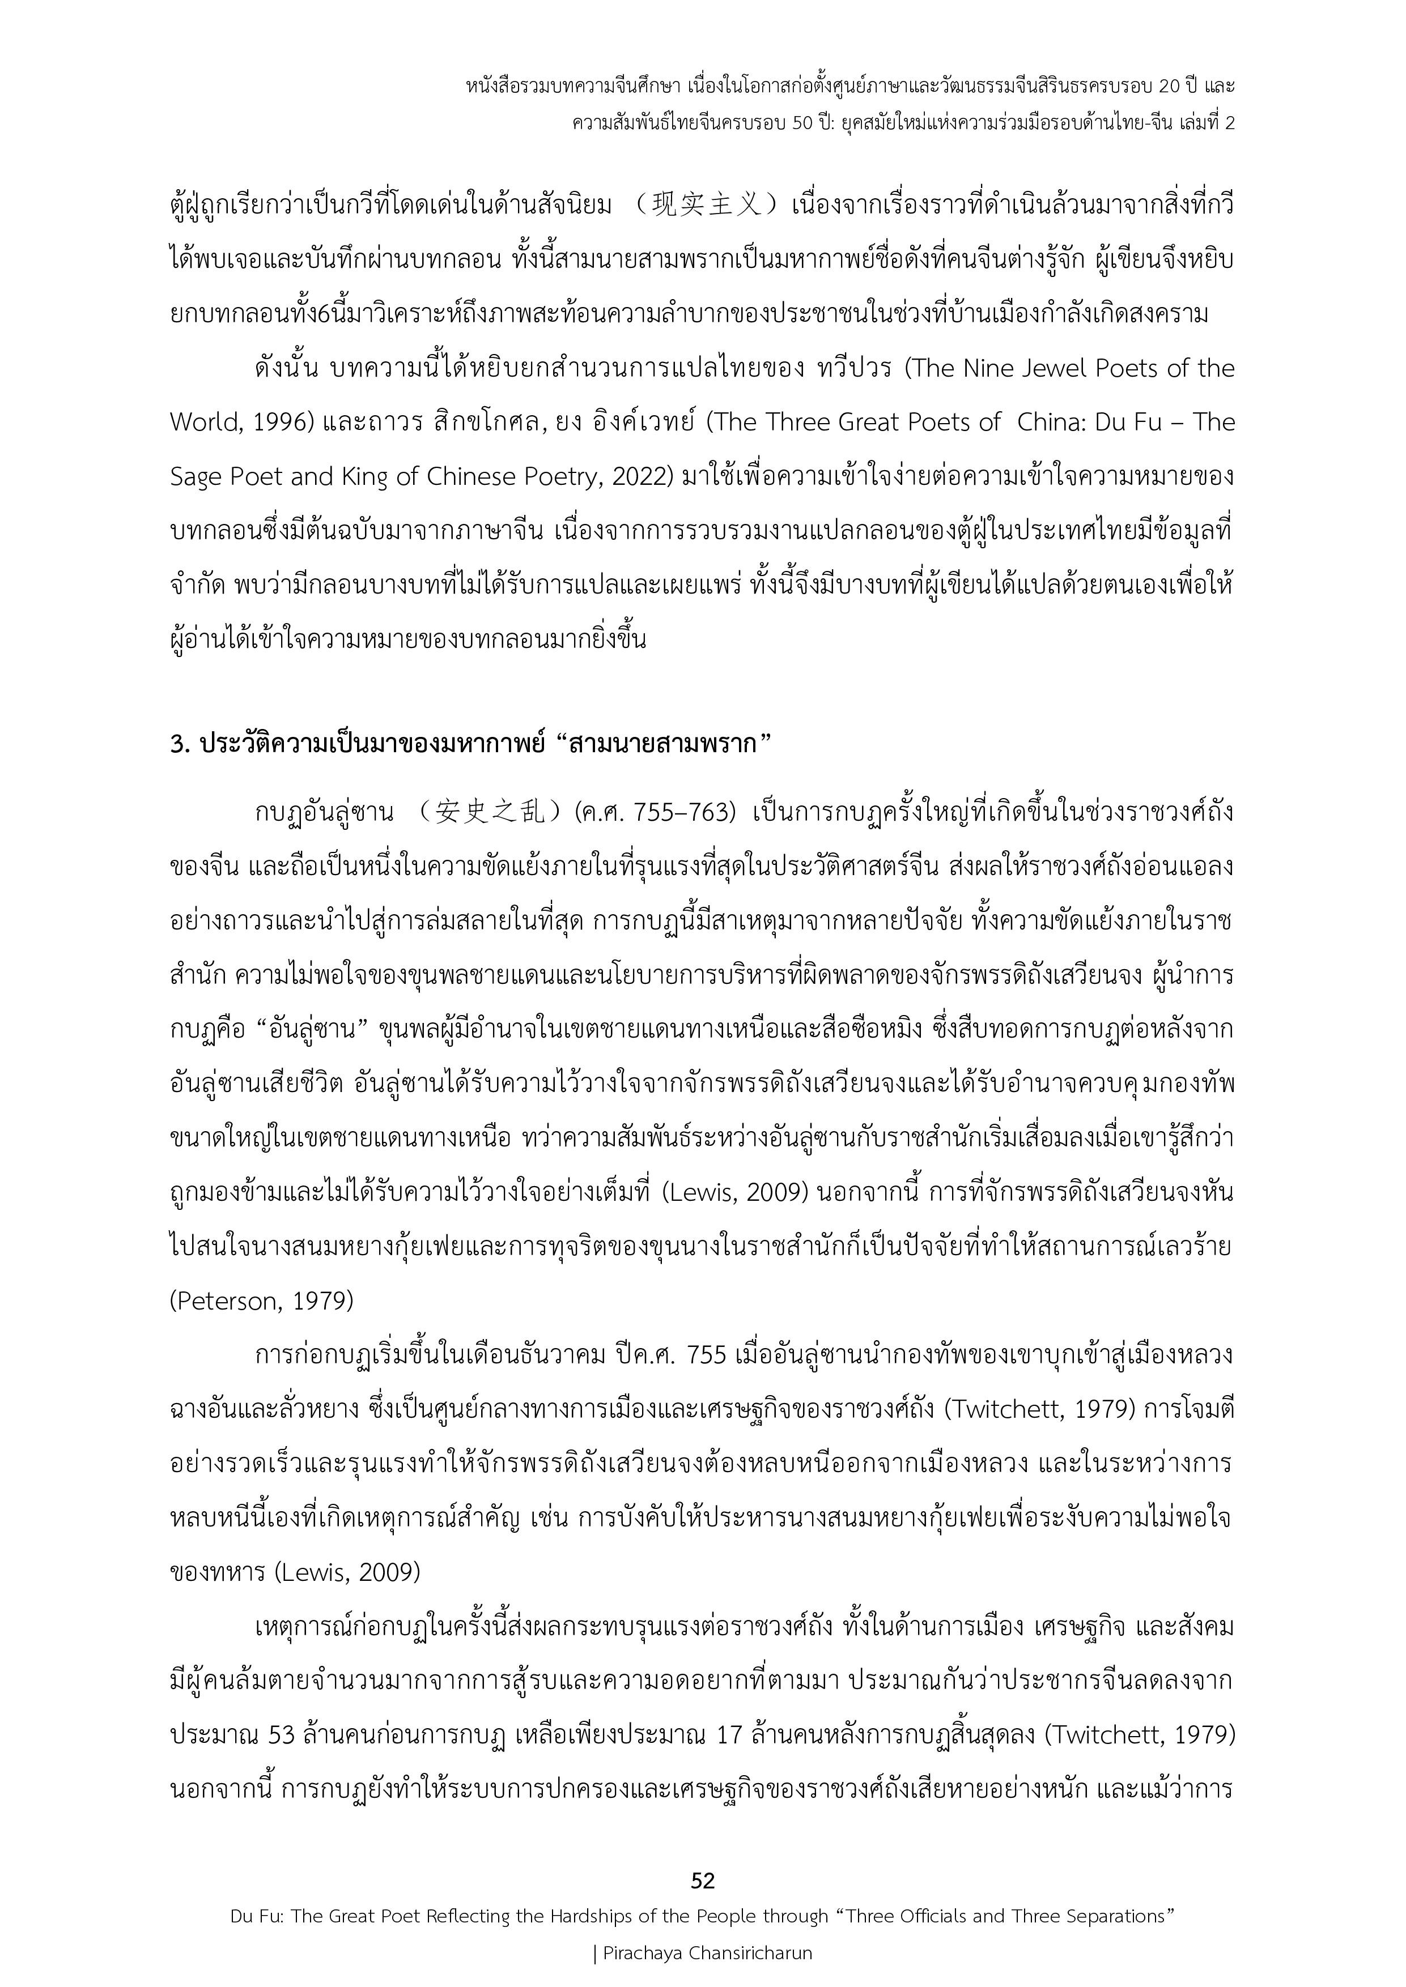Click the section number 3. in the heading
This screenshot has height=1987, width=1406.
pos(180,743)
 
